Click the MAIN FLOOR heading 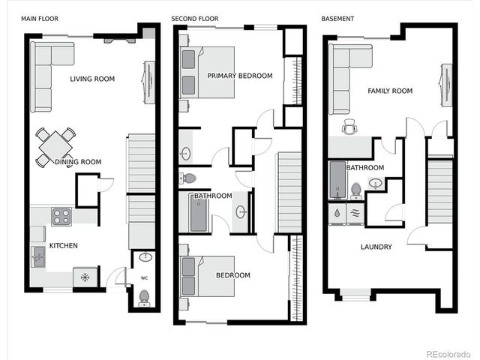pyautogui.click(x=40, y=18)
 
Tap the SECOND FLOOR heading pyautogui.click(x=194, y=18)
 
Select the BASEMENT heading pyautogui.click(x=337, y=18)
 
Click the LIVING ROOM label pyautogui.click(x=92, y=79)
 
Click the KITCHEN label pyautogui.click(x=64, y=245)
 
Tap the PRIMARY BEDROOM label pyautogui.click(x=238, y=76)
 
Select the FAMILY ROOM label pyautogui.click(x=390, y=91)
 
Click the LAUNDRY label pyautogui.click(x=376, y=247)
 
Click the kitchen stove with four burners pyautogui.click(x=61, y=217)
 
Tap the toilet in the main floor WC pyautogui.click(x=144, y=298)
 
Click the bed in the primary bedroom pyautogui.click(x=208, y=73)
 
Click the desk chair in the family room pyautogui.click(x=349, y=127)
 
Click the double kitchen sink pyautogui.click(x=37, y=257)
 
